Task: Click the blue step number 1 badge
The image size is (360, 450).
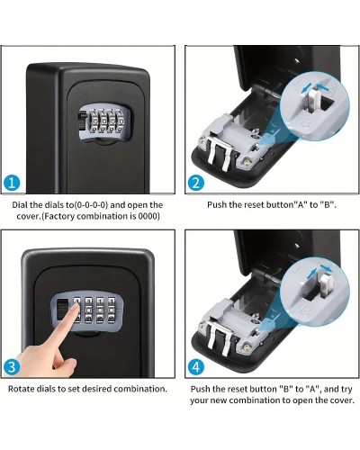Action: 12,183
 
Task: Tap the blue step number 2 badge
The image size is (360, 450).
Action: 196,183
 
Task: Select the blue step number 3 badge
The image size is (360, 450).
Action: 12,367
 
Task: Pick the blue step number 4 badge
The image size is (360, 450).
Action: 196,367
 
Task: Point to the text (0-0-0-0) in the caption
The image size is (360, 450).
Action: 91,205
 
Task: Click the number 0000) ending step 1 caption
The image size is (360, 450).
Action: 148,216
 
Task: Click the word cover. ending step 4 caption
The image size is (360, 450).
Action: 342,400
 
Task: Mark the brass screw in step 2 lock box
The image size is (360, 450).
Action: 247,162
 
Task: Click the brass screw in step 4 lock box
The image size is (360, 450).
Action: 247,346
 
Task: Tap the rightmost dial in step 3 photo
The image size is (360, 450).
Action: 112,310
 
